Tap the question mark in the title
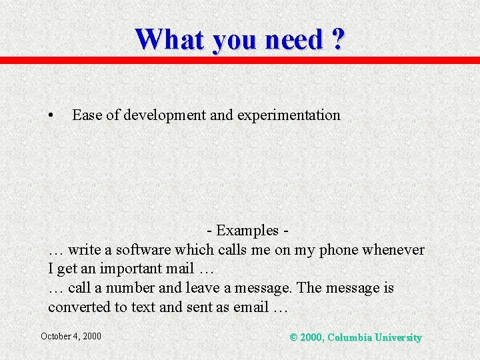(x=337, y=39)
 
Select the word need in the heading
(x=293, y=39)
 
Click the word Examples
(x=247, y=231)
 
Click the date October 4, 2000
(x=71, y=336)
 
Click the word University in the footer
(x=399, y=337)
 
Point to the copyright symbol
(x=294, y=337)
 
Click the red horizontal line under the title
(x=240, y=60)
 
